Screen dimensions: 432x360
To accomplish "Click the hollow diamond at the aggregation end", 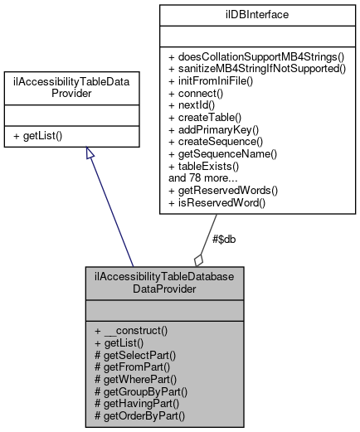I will click(199, 258).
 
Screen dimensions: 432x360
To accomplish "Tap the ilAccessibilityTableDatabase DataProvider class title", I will click(164, 282).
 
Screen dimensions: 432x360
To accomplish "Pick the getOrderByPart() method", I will click(140, 415).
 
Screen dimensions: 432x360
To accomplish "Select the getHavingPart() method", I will click(139, 403).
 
